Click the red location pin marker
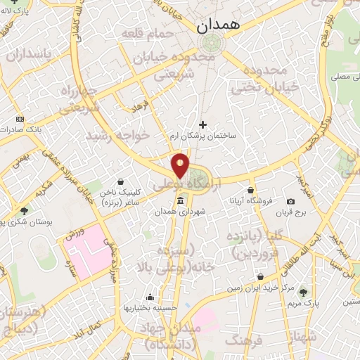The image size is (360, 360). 181,165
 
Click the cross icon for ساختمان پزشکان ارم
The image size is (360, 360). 203,124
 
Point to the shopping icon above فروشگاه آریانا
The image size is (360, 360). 250,190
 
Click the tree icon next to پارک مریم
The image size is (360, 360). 303,292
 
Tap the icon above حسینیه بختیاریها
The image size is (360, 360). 149,297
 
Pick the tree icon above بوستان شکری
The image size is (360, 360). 24,210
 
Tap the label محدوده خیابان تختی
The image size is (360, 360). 260,79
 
